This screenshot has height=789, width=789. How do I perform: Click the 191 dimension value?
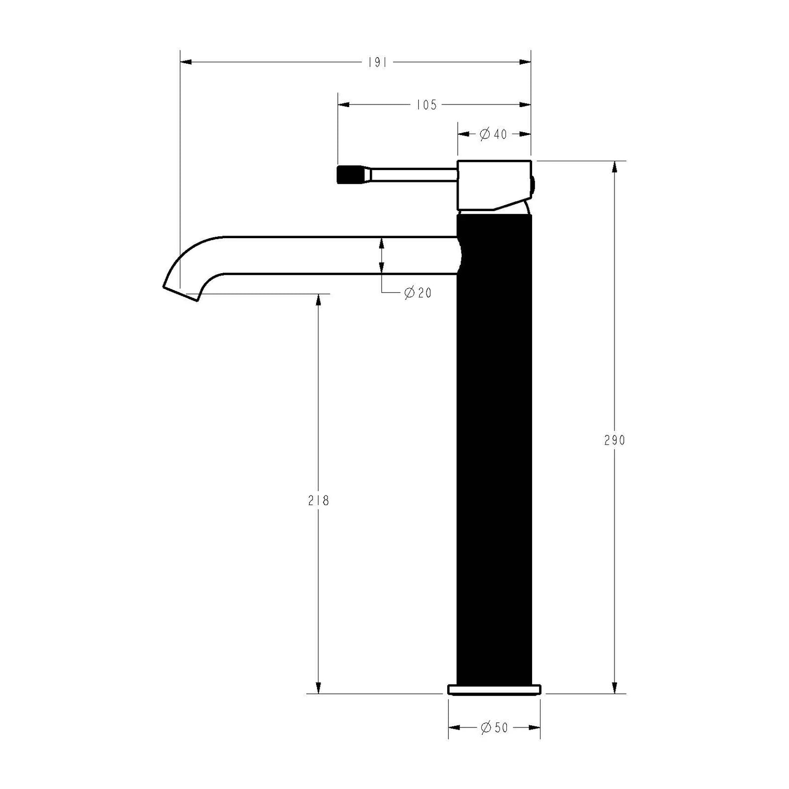click(x=377, y=63)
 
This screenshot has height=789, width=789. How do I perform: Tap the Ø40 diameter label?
click(x=493, y=134)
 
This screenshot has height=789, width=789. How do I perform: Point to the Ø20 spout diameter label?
click(x=418, y=293)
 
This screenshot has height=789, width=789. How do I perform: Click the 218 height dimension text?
click(x=319, y=501)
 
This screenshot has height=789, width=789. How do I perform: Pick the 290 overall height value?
click(x=614, y=440)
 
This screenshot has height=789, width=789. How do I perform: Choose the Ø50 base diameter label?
click(x=494, y=728)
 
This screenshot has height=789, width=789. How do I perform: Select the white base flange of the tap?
click(x=494, y=689)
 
